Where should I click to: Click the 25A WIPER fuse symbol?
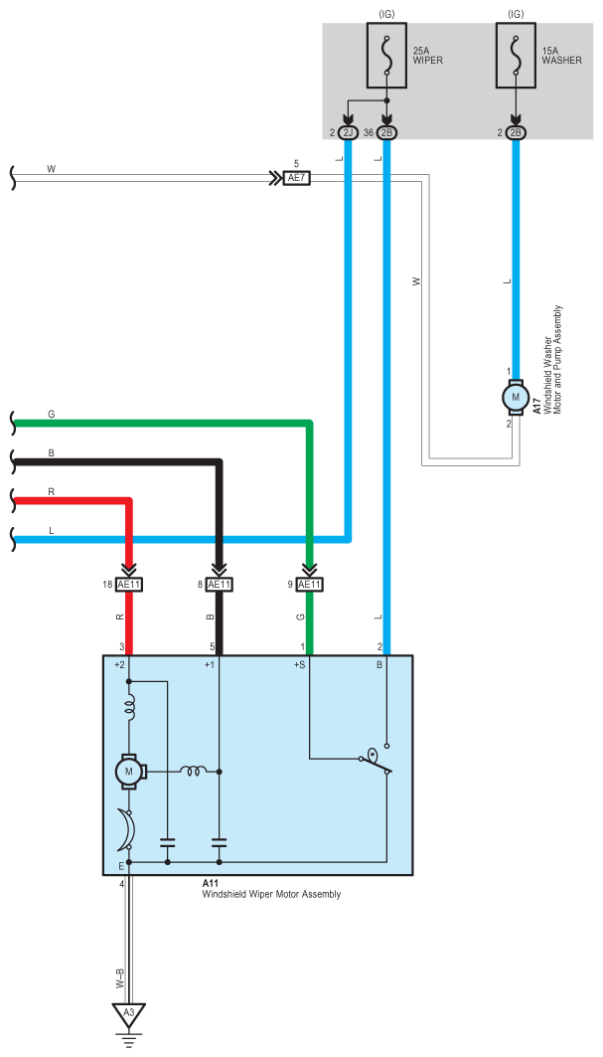386,56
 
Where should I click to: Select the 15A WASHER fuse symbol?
517,56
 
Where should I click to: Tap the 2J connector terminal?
348,133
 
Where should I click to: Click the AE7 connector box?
296,178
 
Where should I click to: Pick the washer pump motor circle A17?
517,397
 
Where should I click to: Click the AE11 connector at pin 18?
129,585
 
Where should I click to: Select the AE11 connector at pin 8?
219,585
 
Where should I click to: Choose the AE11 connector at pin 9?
309,585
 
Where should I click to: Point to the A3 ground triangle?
129,1012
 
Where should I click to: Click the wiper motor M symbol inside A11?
129,771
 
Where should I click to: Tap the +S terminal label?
298,665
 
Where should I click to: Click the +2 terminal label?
120,665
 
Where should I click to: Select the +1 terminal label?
210,665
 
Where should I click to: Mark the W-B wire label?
119,978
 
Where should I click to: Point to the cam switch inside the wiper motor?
377,760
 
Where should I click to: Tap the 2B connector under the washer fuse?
517,133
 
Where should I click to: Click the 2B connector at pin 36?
386,133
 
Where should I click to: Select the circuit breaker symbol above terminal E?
126,828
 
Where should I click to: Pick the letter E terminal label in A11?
120,865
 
